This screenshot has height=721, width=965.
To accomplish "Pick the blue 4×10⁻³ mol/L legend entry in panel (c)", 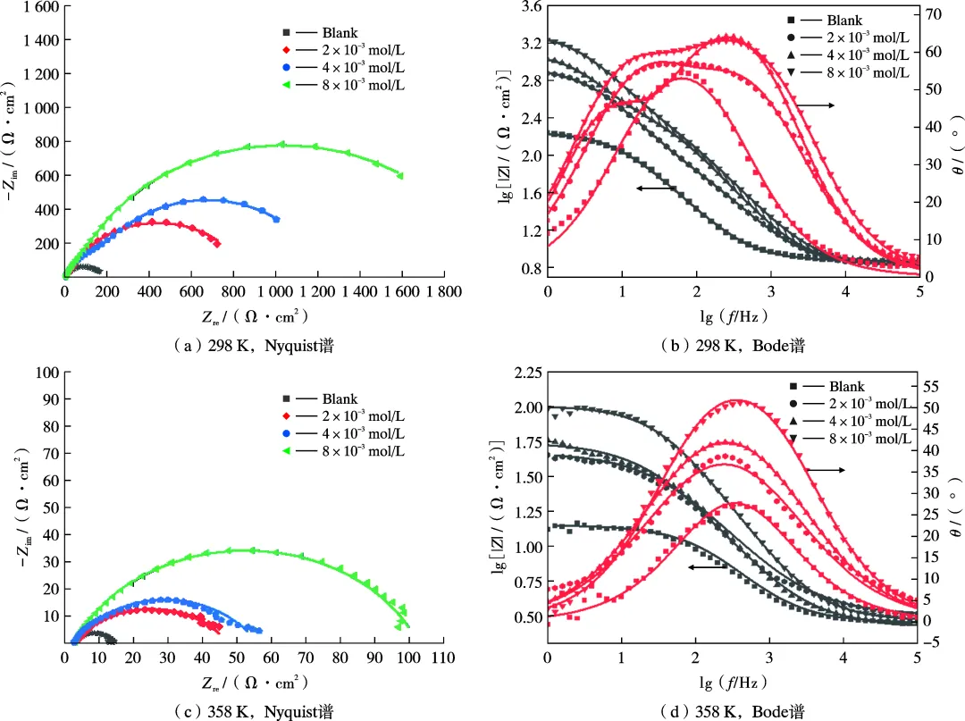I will (344, 433).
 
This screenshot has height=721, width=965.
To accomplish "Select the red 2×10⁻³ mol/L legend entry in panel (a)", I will (344, 51).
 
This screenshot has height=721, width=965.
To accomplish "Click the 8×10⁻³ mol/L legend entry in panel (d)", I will (853, 438).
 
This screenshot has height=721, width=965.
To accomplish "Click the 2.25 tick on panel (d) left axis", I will (524, 373).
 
